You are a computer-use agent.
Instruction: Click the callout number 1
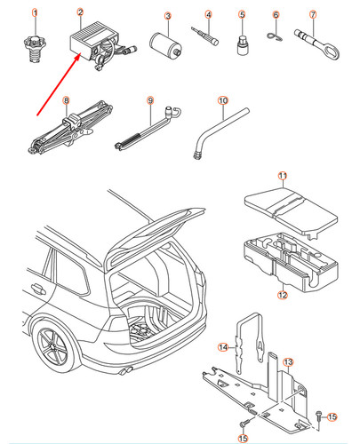(35, 13)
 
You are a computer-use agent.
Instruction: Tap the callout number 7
(313, 14)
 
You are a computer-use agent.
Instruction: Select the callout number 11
(283, 176)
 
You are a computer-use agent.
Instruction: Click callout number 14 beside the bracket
(223, 347)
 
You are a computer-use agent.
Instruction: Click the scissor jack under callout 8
(70, 128)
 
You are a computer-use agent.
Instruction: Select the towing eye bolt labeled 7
(316, 44)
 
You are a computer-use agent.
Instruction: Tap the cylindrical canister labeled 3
(165, 45)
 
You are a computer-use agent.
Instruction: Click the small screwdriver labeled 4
(204, 36)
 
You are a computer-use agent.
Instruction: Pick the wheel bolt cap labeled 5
(243, 44)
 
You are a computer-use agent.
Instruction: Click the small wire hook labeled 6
(275, 36)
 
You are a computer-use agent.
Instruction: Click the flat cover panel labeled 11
(292, 210)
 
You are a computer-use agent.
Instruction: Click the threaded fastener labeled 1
(35, 49)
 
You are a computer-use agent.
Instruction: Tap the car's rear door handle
(38, 288)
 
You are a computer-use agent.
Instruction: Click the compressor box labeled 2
(102, 44)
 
